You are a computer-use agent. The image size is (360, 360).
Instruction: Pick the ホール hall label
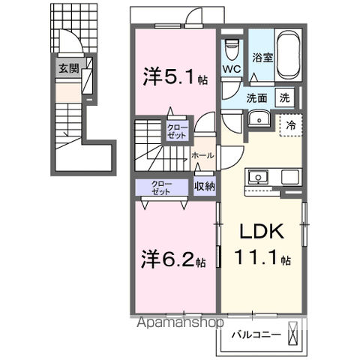203,154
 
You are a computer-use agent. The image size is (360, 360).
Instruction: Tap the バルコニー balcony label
256,334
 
